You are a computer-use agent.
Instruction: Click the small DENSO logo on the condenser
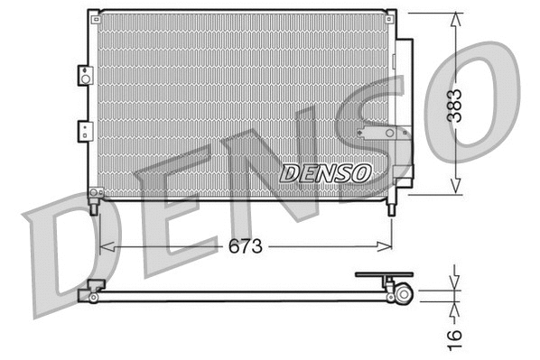coord(325,172)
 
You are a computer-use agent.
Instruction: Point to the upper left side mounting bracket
coord(85,76)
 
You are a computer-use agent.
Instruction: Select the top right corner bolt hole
coord(391,15)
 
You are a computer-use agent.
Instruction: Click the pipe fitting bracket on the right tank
coord(383,134)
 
